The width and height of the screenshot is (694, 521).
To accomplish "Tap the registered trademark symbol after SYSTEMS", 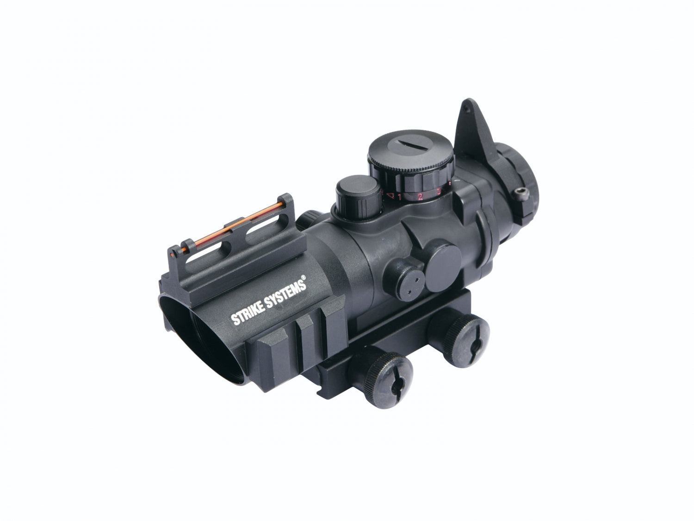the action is [x=304, y=278].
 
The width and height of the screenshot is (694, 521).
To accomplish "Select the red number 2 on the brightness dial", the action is [x=420, y=197].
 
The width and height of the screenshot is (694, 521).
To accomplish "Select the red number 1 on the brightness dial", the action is [x=399, y=198].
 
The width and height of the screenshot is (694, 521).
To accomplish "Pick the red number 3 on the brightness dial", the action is [x=439, y=191].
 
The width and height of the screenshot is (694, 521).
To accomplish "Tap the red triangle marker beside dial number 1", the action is [x=391, y=196].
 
